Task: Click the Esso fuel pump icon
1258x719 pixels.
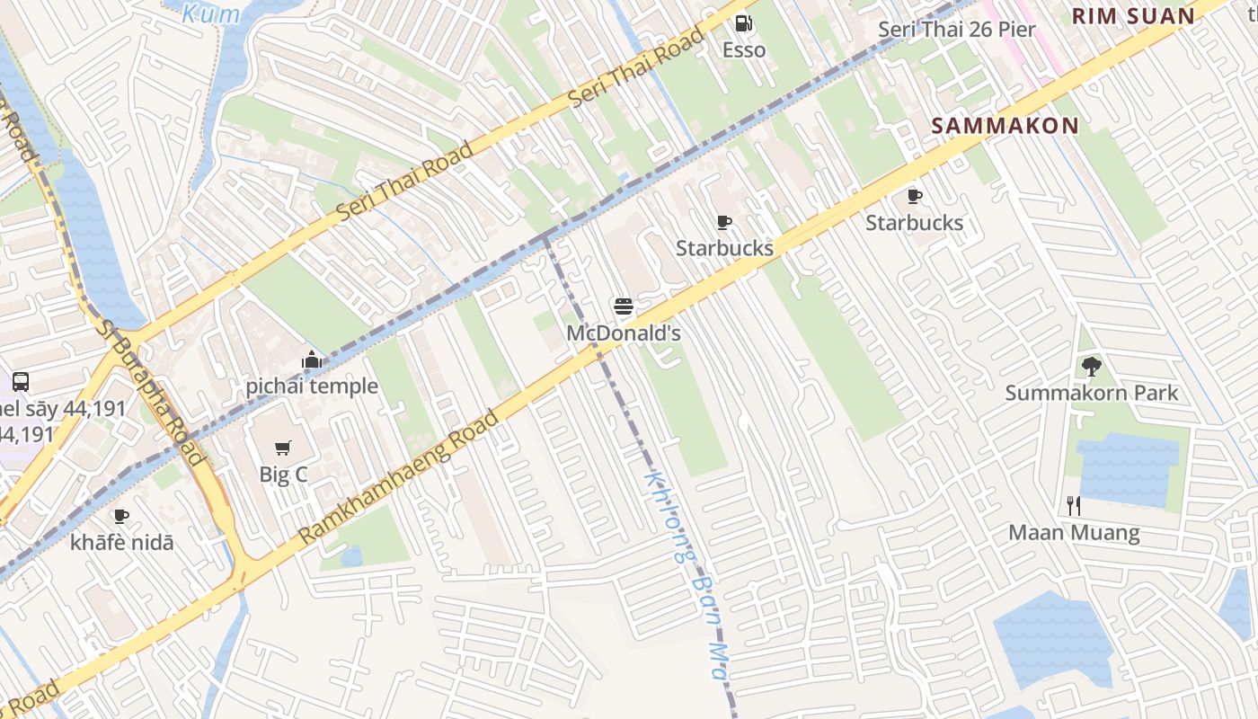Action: [744, 24]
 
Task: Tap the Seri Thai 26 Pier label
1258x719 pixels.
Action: [956, 29]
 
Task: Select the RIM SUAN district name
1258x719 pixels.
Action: [1133, 15]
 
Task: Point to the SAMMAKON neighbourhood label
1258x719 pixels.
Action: [1005, 126]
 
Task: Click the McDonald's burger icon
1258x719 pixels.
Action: [624, 307]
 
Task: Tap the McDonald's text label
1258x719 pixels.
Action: [624, 333]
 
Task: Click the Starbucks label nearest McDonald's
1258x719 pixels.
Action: [724, 248]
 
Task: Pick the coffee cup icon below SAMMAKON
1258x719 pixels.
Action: [914, 197]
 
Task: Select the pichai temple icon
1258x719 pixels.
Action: [312, 360]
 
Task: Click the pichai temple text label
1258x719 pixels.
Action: [312, 386]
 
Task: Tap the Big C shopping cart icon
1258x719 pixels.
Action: [283, 448]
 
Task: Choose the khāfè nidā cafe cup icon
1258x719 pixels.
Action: [121, 516]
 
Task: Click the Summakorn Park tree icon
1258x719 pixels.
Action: [1092, 367]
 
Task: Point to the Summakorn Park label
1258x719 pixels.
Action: [1092, 393]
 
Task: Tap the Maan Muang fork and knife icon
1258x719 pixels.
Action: [1073, 506]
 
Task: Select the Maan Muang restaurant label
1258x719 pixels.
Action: [1074, 532]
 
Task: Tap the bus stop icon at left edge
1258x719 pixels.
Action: [20, 381]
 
